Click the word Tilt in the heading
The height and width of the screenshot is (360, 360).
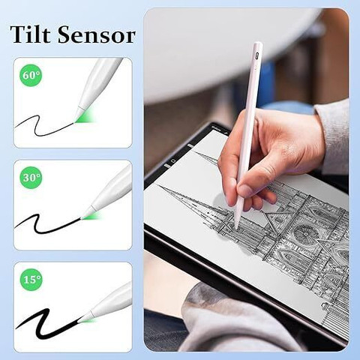pyautogui.click(x=30, y=34)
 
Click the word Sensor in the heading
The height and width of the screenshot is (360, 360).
pyautogui.click(x=97, y=35)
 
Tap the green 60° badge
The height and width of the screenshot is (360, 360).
pyautogui.click(x=31, y=75)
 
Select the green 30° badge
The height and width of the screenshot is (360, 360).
pyautogui.click(x=31, y=178)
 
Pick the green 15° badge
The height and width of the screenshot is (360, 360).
pyautogui.click(x=31, y=279)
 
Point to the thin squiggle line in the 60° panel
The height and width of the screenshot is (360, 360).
pyautogui.click(x=37, y=125)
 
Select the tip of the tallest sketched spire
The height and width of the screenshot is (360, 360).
pyautogui.click(x=158, y=185)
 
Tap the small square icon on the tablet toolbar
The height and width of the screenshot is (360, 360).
pyautogui.click(x=172, y=160)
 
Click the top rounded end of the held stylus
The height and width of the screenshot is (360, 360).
pyautogui.click(x=257, y=45)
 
